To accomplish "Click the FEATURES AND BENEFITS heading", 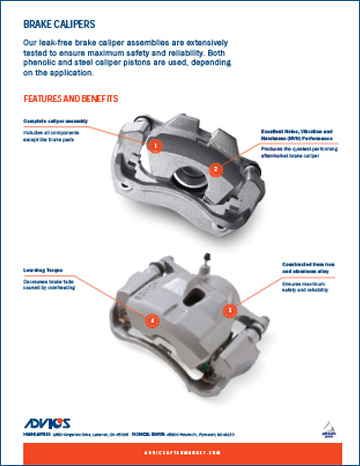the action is tap(70, 99).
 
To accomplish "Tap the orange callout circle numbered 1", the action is tap(155, 146).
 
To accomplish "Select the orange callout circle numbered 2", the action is tap(216, 170).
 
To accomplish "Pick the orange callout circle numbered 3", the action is tap(229, 311).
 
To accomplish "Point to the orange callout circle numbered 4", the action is tap(151, 321).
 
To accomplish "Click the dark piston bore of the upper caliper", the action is tap(188, 180).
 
